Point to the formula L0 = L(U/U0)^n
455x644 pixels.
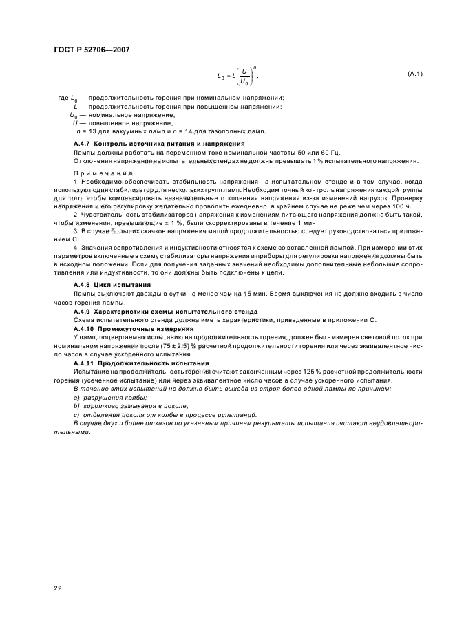(x=237, y=74)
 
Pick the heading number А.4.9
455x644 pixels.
(x=83, y=312)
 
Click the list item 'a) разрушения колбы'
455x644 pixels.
(x=112, y=398)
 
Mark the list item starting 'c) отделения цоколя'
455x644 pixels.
(x=155, y=415)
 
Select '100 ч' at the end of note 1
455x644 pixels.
(x=403, y=206)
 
